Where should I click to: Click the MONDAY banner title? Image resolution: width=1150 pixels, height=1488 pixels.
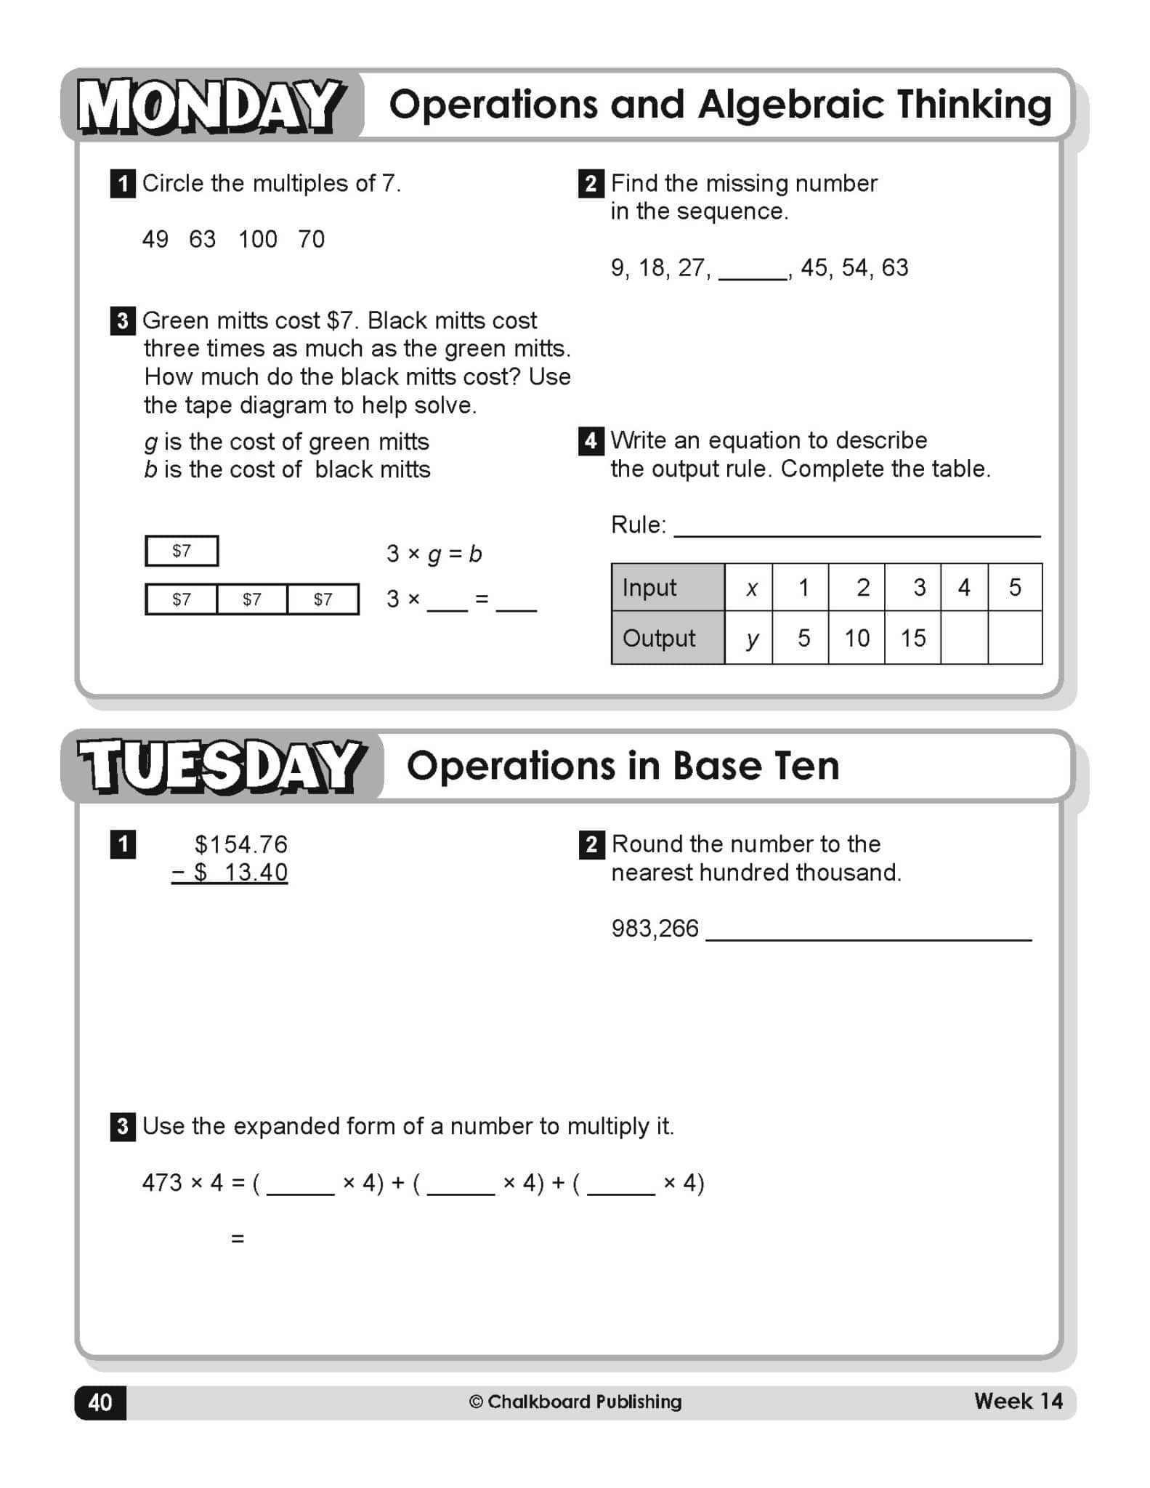pyautogui.click(x=211, y=106)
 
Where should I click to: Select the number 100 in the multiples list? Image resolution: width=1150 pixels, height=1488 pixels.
pyautogui.click(x=257, y=239)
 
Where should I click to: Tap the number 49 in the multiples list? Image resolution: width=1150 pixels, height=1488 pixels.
pyautogui.click(x=155, y=239)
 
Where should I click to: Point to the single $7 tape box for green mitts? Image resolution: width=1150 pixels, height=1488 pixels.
pyautogui.click(x=182, y=551)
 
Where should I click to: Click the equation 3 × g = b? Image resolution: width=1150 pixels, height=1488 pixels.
pyautogui.click(x=434, y=554)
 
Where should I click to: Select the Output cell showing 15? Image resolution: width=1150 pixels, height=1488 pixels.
pyautogui.click(x=912, y=638)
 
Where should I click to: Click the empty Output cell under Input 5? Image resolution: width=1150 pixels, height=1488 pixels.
pyautogui.click(x=1014, y=638)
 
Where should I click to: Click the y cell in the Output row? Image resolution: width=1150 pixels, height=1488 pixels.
pyautogui.click(x=752, y=638)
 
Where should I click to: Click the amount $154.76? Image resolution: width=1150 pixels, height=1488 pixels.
pyautogui.click(x=240, y=844)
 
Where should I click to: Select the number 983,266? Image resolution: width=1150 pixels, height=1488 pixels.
pyautogui.click(x=655, y=929)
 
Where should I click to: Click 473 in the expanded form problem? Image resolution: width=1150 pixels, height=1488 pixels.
pyautogui.click(x=162, y=1183)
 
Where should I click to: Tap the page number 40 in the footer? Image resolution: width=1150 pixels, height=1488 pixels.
pyautogui.click(x=100, y=1402)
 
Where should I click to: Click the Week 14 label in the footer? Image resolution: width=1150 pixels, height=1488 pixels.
pyautogui.click(x=1018, y=1401)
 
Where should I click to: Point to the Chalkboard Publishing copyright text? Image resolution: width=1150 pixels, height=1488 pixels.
pyautogui.click(x=575, y=1402)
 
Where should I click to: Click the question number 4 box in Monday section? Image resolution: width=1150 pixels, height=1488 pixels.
pyautogui.click(x=591, y=441)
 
